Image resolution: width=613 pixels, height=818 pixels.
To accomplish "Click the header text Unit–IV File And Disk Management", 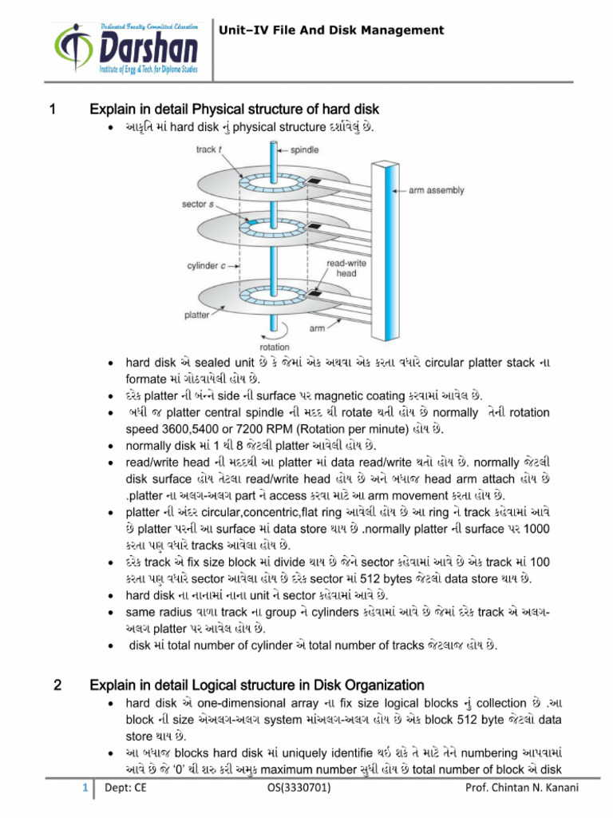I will point(331,30).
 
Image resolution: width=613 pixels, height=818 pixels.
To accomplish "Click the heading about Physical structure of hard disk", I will point(234,109).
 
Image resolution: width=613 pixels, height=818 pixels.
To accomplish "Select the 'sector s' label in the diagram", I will point(197,204).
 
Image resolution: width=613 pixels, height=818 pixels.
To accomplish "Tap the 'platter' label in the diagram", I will point(197,316).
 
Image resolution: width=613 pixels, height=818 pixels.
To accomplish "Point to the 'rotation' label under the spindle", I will point(275,347).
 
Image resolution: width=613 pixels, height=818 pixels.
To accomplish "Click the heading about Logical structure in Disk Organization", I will point(256,685).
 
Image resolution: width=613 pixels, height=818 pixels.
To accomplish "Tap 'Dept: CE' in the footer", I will point(120,790).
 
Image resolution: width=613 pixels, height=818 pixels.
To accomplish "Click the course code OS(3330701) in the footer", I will point(296,790).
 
